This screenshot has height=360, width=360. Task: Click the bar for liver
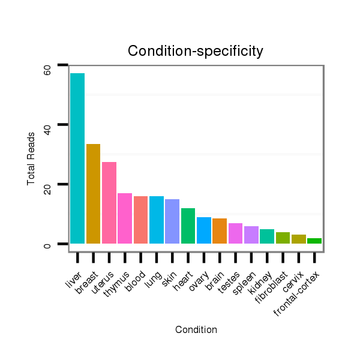pos(77,158)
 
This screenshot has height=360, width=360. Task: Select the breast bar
pos(93,194)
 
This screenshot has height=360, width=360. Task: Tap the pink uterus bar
pos(109,203)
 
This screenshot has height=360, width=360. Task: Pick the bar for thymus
pos(125,218)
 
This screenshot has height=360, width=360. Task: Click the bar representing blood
pos(140,220)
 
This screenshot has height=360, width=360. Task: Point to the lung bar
pos(157,220)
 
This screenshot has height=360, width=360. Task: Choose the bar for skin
pos(172,221)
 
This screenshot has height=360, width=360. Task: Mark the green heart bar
pos(188,226)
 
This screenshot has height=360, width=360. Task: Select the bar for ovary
pos(204,230)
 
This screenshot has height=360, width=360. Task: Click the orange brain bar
pos(220,231)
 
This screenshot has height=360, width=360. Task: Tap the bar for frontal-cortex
pos(314,241)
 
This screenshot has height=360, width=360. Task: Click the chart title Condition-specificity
pos(196,52)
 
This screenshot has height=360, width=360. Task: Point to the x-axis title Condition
pos(196,329)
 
